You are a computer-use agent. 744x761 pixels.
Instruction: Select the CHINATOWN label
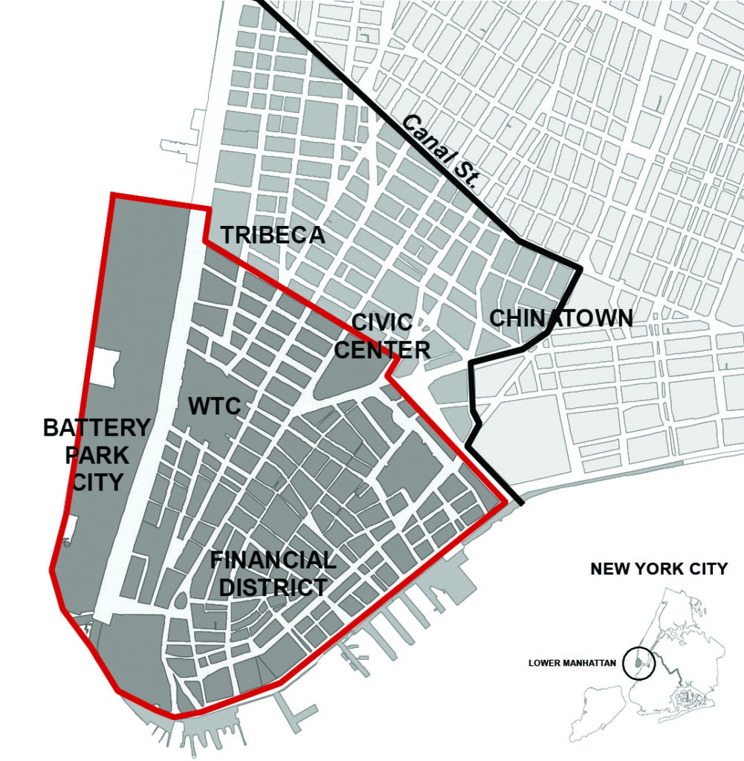(x=561, y=318)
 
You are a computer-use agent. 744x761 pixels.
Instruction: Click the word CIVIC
(x=381, y=323)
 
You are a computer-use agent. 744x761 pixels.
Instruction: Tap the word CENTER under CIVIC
(x=381, y=349)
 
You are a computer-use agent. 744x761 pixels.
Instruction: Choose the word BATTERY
(x=97, y=428)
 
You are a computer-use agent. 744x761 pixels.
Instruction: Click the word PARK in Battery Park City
(x=97, y=455)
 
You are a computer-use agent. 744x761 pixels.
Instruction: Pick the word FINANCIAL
(x=272, y=560)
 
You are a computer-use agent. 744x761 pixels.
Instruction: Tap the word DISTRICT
(x=268, y=587)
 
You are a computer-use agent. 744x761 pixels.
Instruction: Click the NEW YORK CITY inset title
(x=659, y=570)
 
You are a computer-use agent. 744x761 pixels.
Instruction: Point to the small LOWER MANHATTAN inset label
(x=572, y=663)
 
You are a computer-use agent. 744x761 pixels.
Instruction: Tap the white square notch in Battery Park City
(x=103, y=367)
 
